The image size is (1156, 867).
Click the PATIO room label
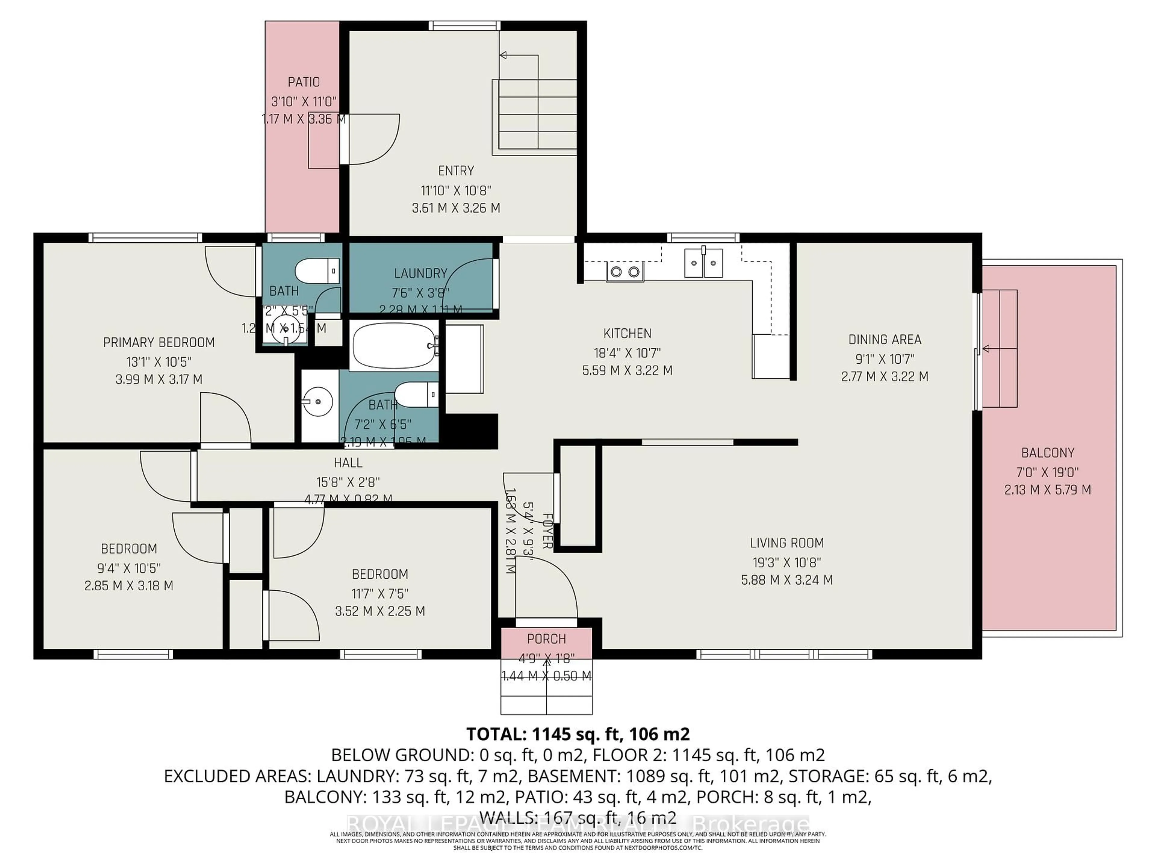[x=304, y=82]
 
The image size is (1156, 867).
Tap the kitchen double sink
[x=704, y=263]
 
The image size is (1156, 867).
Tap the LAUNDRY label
[x=420, y=273]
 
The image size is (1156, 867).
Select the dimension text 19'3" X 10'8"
[x=787, y=562]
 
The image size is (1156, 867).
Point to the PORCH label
[x=546, y=639]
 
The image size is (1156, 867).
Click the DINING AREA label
[x=884, y=340]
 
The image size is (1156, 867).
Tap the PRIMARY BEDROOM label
[x=159, y=342]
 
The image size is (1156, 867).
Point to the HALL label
[x=348, y=462]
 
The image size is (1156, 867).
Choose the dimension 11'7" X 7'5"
[x=380, y=594]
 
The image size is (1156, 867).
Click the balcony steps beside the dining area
[x=999, y=349]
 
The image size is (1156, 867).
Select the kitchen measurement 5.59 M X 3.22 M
[x=627, y=371]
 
